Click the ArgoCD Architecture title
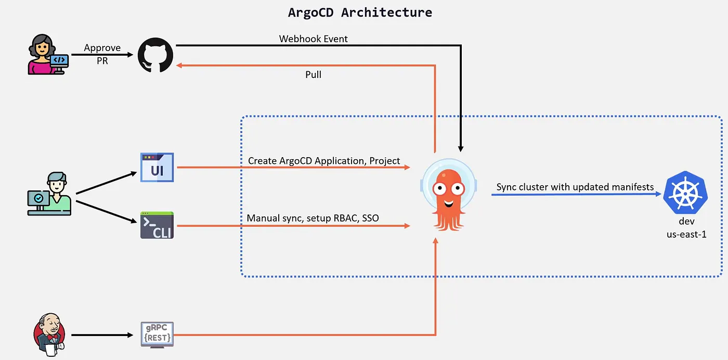[x=360, y=12]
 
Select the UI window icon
[x=157, y=168]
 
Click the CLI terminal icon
[x=157, y=225]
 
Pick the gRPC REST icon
[x=157, y=335]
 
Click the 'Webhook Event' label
[x=313, y=39]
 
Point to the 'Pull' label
[x=313, y=75]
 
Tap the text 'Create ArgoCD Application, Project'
[x=324, y=161]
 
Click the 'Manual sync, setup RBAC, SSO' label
[x=313, y=218]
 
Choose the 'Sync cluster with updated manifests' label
[x=575, y=187]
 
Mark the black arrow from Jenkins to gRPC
[x=102, y=335]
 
